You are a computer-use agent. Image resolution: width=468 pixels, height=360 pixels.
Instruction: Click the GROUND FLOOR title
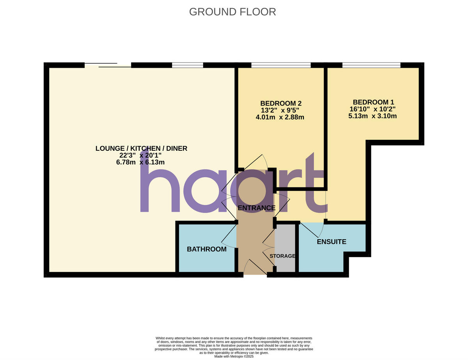(x=232, y=12)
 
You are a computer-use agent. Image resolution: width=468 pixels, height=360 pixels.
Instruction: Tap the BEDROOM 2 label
(x=281, y=103)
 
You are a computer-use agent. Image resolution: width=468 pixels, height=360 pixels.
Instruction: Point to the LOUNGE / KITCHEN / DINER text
(x=141, y=148)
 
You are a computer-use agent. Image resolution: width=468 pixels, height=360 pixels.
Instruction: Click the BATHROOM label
(x=206, y=249)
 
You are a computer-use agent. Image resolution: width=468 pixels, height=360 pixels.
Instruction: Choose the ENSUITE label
(x=331, y=242)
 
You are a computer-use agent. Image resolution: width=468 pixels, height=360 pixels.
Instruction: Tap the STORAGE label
(x=282, y=256)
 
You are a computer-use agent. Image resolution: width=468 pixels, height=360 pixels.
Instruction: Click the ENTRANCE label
(x=256, y=208)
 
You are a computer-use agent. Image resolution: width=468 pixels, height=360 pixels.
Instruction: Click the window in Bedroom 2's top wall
(x=281, y=65)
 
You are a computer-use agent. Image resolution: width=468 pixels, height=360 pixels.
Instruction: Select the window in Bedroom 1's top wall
(x=371, y=65)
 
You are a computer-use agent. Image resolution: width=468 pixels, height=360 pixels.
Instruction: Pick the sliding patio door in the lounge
(x=108, y=65)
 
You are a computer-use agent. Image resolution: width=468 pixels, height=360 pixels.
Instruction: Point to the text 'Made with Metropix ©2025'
(x=234, y=356)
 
